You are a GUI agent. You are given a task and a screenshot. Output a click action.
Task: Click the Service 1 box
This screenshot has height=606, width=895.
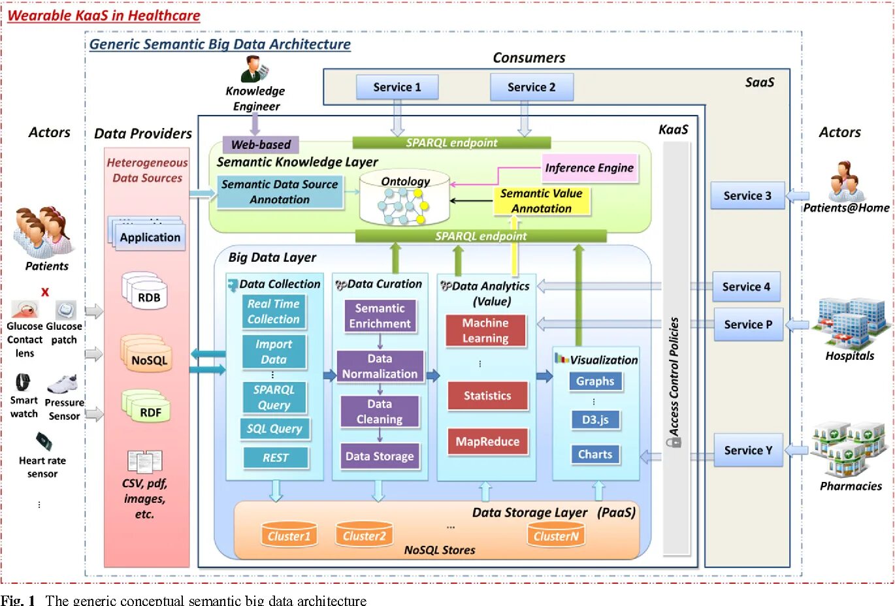click(x=397, y=87)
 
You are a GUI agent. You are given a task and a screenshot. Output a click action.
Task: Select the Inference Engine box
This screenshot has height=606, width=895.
click(x=589, y=168)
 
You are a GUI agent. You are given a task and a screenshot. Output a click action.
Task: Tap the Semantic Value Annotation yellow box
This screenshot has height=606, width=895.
click(x=542, y=201)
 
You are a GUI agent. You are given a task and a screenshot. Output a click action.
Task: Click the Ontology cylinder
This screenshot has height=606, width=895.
click(x=405, y=199)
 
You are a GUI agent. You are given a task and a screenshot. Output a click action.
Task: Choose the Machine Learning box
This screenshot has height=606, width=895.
click(x=485, y=330)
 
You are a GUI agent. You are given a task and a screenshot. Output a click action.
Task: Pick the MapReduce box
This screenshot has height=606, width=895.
click(x=487, y=441)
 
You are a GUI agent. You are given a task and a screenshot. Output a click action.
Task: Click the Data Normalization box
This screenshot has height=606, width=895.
click(x=380, y=366)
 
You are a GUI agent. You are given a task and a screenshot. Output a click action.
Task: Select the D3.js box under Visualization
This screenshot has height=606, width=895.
click(x=595, y=420)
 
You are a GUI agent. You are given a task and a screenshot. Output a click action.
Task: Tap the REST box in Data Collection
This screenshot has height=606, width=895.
click(x=276, y=458)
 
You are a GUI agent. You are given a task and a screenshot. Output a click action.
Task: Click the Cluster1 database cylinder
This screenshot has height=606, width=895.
click(x=289, y=535)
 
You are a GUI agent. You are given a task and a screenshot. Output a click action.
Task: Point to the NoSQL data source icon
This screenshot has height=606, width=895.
click(x=148, y=355)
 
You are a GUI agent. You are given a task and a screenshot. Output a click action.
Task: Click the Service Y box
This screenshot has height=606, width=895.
click(x=748, y=450)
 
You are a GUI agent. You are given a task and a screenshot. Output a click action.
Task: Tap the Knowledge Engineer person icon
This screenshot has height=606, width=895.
click(x=253, y=69)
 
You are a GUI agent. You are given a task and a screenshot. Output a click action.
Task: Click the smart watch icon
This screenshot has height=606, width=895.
click(x=23, y=382)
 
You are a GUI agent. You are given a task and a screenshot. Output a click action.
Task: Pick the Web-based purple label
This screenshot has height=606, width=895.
click(x=261, y=144)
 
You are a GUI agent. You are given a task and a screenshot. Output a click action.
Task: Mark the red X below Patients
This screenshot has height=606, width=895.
click(x=45, y=292)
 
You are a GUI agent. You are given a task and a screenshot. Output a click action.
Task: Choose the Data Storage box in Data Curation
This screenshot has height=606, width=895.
click(x=380, y=456)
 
